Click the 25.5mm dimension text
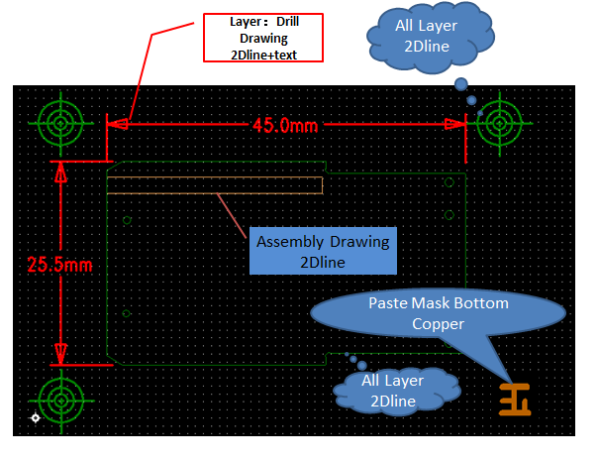tap(59, 265)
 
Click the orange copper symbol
tap(515, 399)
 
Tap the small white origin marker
tap(35, 418)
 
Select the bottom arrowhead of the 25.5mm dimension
tap(61, 354)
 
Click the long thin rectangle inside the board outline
tap(215, 184)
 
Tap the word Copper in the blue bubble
tap(439, 323)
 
